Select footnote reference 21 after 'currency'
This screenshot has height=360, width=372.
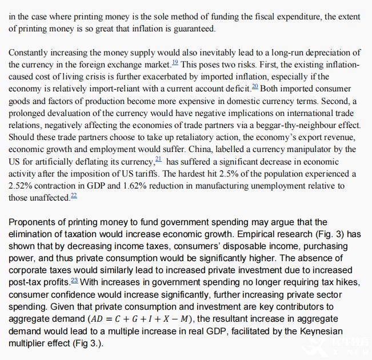(158, 159)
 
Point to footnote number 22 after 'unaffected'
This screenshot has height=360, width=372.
(74, 196)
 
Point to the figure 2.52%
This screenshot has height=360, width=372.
(21, 186)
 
